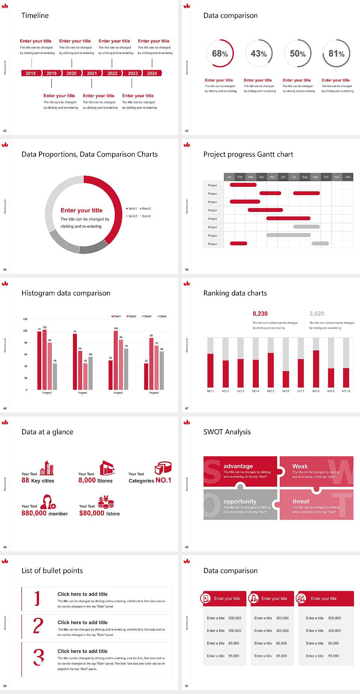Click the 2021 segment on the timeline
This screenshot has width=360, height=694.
92,73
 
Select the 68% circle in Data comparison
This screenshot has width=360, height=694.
220,54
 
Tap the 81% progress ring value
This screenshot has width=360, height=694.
336,54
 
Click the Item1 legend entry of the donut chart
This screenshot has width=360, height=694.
132,209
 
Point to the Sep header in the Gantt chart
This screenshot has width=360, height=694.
315,177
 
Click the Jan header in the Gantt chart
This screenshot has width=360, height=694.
229,177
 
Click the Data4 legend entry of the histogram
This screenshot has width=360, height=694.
162,316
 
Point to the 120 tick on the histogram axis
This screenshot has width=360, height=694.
25,319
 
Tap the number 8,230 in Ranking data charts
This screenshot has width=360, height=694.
260,314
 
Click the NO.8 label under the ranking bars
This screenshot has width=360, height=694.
316,391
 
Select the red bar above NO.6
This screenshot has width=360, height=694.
286,379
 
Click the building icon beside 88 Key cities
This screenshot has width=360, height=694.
47,468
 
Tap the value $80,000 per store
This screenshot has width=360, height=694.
91,513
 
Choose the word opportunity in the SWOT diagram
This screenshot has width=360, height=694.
240,501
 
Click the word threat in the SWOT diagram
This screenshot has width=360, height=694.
301,501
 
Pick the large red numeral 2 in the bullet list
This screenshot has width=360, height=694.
38,626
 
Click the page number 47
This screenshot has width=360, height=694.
187,408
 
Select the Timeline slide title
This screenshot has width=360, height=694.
35,15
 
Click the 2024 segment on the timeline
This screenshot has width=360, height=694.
152,73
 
